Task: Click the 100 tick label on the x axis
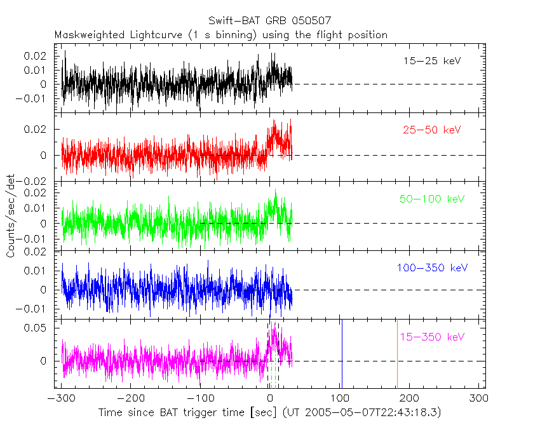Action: click(341, 398)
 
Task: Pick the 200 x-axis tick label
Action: click(410, 398)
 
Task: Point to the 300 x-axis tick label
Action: click(479, 398)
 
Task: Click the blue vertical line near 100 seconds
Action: click(341, 353)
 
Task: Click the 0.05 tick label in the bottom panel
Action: click(38, 328)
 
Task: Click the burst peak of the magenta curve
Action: click(274, 328)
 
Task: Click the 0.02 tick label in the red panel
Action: click(38, 130)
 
